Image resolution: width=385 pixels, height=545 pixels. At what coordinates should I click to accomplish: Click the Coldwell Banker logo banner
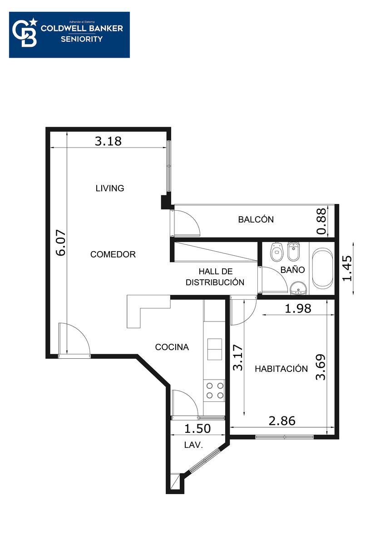(69, 35)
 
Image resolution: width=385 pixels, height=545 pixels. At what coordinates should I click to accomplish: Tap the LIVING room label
(110, 188)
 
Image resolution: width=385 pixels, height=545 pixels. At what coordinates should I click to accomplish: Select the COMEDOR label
(113, 254)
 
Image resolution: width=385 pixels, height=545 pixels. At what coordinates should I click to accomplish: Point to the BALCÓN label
(256, 219)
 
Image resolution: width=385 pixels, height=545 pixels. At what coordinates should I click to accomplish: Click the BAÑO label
(292, 270)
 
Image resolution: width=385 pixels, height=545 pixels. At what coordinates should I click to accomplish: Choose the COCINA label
(172, 347)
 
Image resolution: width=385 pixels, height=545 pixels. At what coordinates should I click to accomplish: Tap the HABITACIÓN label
(281, 369)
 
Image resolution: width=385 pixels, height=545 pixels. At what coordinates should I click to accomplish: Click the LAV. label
(193, 445)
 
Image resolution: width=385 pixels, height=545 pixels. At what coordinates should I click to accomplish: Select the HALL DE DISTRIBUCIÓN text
(215, 277)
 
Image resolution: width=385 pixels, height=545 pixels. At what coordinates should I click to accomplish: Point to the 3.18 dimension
(108, 141)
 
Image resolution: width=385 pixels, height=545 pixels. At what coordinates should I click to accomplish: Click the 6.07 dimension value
(60, 243)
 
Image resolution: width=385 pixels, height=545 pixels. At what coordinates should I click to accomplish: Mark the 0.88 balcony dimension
(321, 221)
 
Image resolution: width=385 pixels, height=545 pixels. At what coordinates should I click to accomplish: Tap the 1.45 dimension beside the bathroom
(347, 268)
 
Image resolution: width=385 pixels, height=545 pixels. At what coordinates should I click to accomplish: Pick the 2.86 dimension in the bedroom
(282, 421)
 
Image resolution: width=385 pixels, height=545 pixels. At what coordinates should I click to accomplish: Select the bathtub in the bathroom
(323, 268)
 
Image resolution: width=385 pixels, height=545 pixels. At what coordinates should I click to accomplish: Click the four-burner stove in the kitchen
(214, 391)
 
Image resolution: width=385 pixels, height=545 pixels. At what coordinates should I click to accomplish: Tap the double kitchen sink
(214, 349)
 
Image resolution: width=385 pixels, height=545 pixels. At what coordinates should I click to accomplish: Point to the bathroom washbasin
(298, 288)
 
